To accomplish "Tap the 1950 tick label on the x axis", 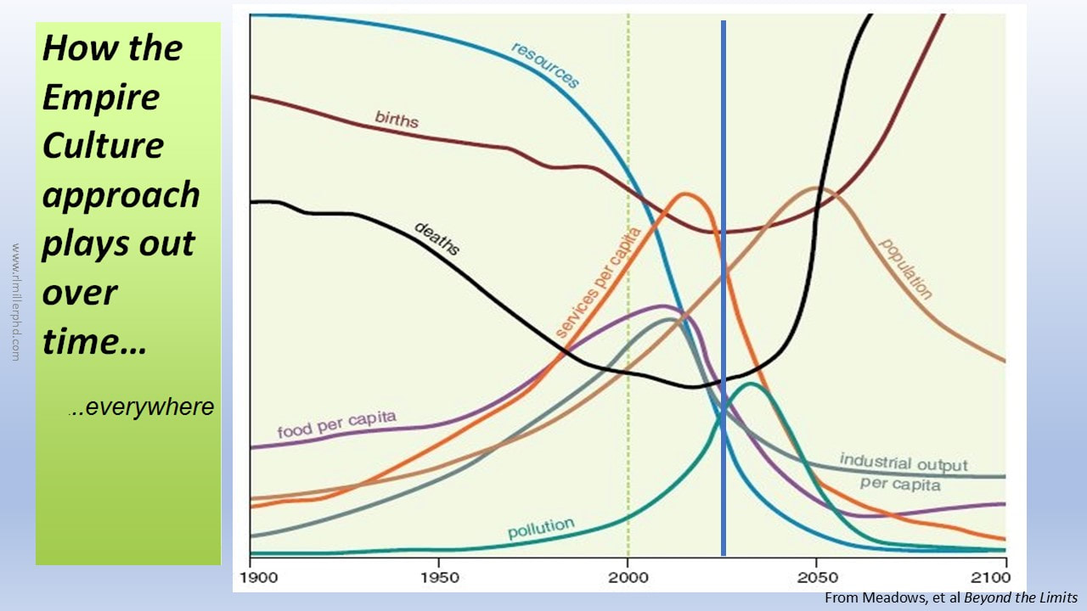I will point(438,578).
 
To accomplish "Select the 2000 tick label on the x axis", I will point(627,578).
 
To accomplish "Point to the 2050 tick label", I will point(816,578).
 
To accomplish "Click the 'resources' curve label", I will point(545,64).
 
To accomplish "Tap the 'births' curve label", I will point(397,119).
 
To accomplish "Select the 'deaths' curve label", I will point(436,238).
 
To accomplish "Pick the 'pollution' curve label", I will point(541,528).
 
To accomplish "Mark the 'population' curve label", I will point(905,269).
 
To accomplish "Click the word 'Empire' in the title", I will point(100,97).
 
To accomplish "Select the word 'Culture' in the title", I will point(103,145).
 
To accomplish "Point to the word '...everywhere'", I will point(142,407).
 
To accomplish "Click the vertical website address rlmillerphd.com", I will point(14,303).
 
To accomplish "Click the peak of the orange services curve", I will point(684,194).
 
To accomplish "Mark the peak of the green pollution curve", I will point(750,384).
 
